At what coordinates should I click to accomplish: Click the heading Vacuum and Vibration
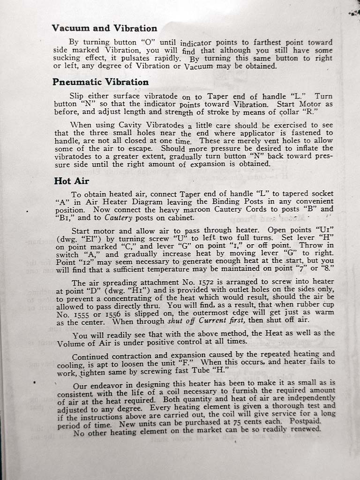tap(104, 28)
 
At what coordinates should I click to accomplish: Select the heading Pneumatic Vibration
tap(100, 82)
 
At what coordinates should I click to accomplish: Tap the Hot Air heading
tap(72, 180)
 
